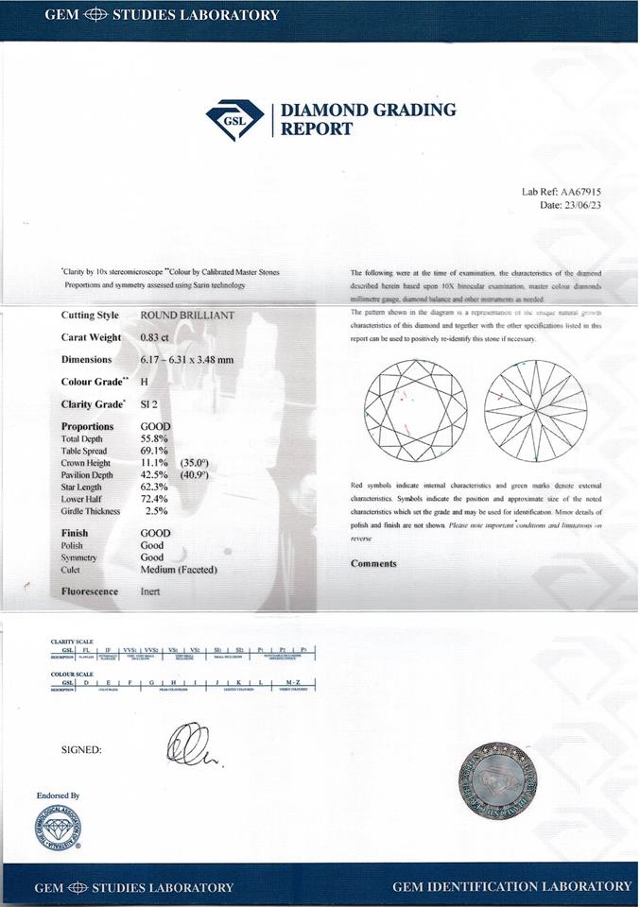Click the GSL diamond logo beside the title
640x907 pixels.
(235, 119)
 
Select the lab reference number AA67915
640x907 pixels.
(581, 192)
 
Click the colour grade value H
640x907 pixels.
(144, 382)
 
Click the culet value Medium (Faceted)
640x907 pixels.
(179, 570)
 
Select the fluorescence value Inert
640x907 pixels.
(150, 592)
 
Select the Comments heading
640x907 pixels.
(373, 564)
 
